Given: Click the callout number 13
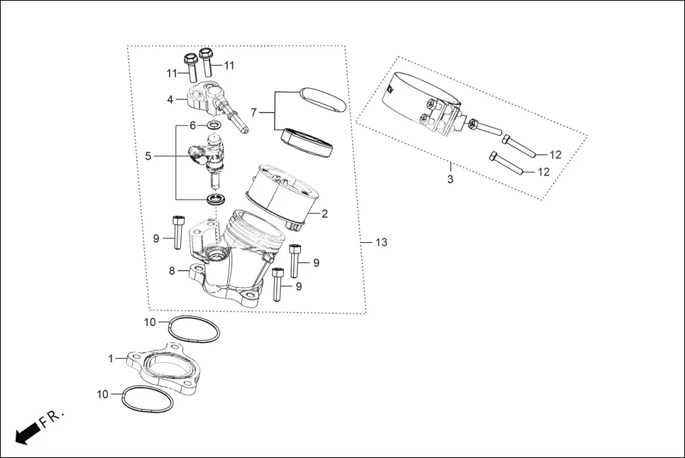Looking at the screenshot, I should pyautogui.click(x=381, y=243).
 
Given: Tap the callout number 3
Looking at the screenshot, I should pyautogui.click(x=450, y=180).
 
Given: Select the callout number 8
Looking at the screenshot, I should pyautogui.click(x=172, y=270).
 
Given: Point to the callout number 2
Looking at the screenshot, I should pyautogui.click(x=324, y=213).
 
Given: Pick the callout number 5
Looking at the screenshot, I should pyautogui.click(x=148, y=156).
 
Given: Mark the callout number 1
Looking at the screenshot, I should pyautogui.click(x=111, y=359).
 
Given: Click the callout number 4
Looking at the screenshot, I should pyautogui.click(x=170, y=99).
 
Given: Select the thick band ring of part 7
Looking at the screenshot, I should pyautogui.click(x=307, y=141).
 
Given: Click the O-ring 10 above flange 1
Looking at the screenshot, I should pyautogui.click(x=194, y=329).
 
